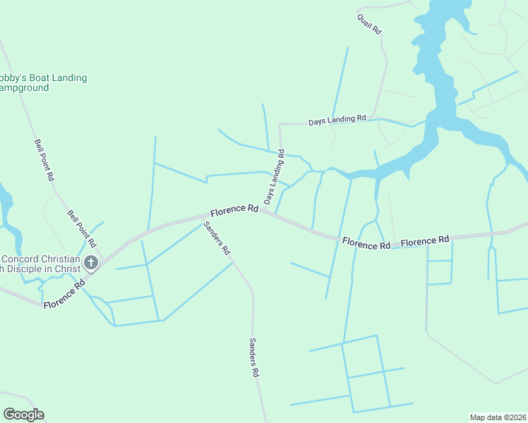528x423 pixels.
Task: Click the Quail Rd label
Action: click(369, 23)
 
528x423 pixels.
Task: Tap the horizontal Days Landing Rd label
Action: click(337, 121)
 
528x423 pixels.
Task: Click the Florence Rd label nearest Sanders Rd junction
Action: click(234, 209)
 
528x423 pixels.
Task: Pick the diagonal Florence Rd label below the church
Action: click(64, 294)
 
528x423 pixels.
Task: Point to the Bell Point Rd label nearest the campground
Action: click(44, 160)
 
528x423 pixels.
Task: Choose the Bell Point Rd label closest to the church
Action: click(82, 228)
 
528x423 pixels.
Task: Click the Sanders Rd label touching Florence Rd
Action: click(217, 238)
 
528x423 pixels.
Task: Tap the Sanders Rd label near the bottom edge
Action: click(253, 358)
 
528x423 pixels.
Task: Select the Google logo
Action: click(23, 415)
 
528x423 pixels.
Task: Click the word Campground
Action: click(24, 88)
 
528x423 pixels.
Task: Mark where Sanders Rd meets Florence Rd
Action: click(200, 216)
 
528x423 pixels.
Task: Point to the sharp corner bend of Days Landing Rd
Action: click(280, 124)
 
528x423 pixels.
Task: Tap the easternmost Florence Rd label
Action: click(425, 240)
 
